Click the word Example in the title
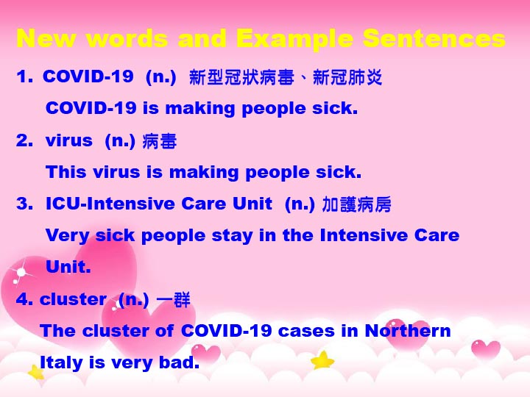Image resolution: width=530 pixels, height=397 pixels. point(294,39)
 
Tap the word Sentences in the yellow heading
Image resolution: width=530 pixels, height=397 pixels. point(434,37)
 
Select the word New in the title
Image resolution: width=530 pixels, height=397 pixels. point(46,37)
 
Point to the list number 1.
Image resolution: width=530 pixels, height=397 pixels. point(24,76)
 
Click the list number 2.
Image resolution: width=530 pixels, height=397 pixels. point(24,140)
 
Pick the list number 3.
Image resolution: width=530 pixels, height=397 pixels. point(24,204)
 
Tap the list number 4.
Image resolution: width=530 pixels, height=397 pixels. point(24,299)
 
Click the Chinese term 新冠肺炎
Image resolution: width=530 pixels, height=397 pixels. point(347,77)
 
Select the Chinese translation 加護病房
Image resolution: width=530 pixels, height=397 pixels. point(356,204)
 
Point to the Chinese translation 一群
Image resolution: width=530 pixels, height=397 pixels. point(174,300)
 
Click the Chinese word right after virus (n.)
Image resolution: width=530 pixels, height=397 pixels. point(159,140)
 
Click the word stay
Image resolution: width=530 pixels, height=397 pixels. point(232,236)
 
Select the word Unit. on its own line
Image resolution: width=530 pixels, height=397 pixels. point(68,267)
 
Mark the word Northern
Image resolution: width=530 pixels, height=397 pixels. point(408,331)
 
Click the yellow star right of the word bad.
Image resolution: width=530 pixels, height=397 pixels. point(322,360)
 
